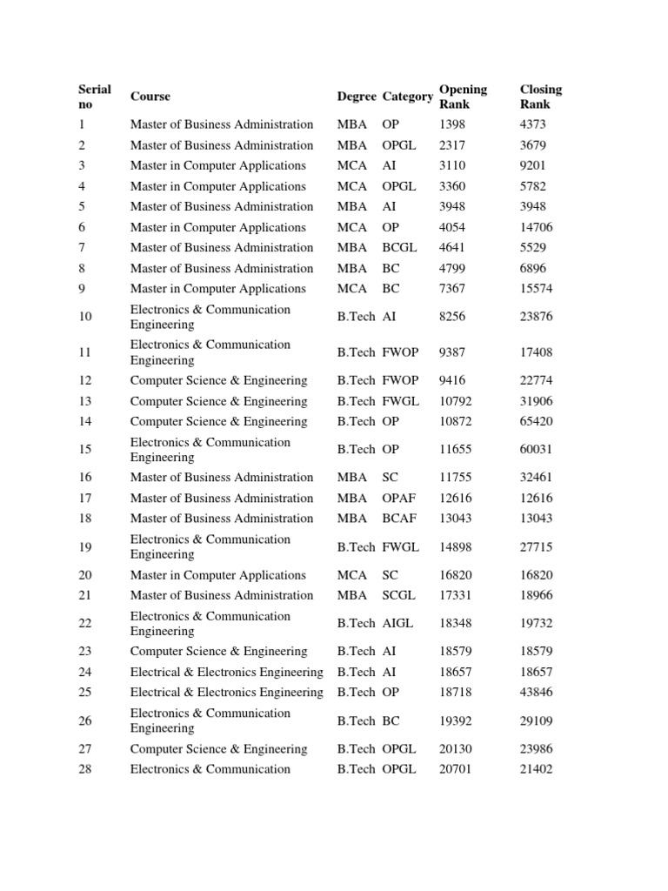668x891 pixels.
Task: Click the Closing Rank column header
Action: pos(540,97)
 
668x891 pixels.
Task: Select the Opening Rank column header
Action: pos(463,97)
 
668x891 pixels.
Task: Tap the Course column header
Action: pos(150,97)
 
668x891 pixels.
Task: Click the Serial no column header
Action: pos(95,97)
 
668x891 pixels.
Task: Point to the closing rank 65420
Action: pos(535,422)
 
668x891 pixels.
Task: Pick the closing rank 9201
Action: pos(532,165)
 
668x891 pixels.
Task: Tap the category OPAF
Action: pos(400,499)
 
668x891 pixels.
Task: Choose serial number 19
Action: pos(85,547)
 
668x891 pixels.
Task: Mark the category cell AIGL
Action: pos(399,624)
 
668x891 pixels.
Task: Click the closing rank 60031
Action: pos(535,450)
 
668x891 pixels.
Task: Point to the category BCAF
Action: pos(400,519)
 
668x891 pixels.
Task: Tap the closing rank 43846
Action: pos(535,693)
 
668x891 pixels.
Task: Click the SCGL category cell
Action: pos(399,596)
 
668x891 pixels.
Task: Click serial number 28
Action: pos(85,769)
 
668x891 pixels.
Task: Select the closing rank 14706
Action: pos(535,227)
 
